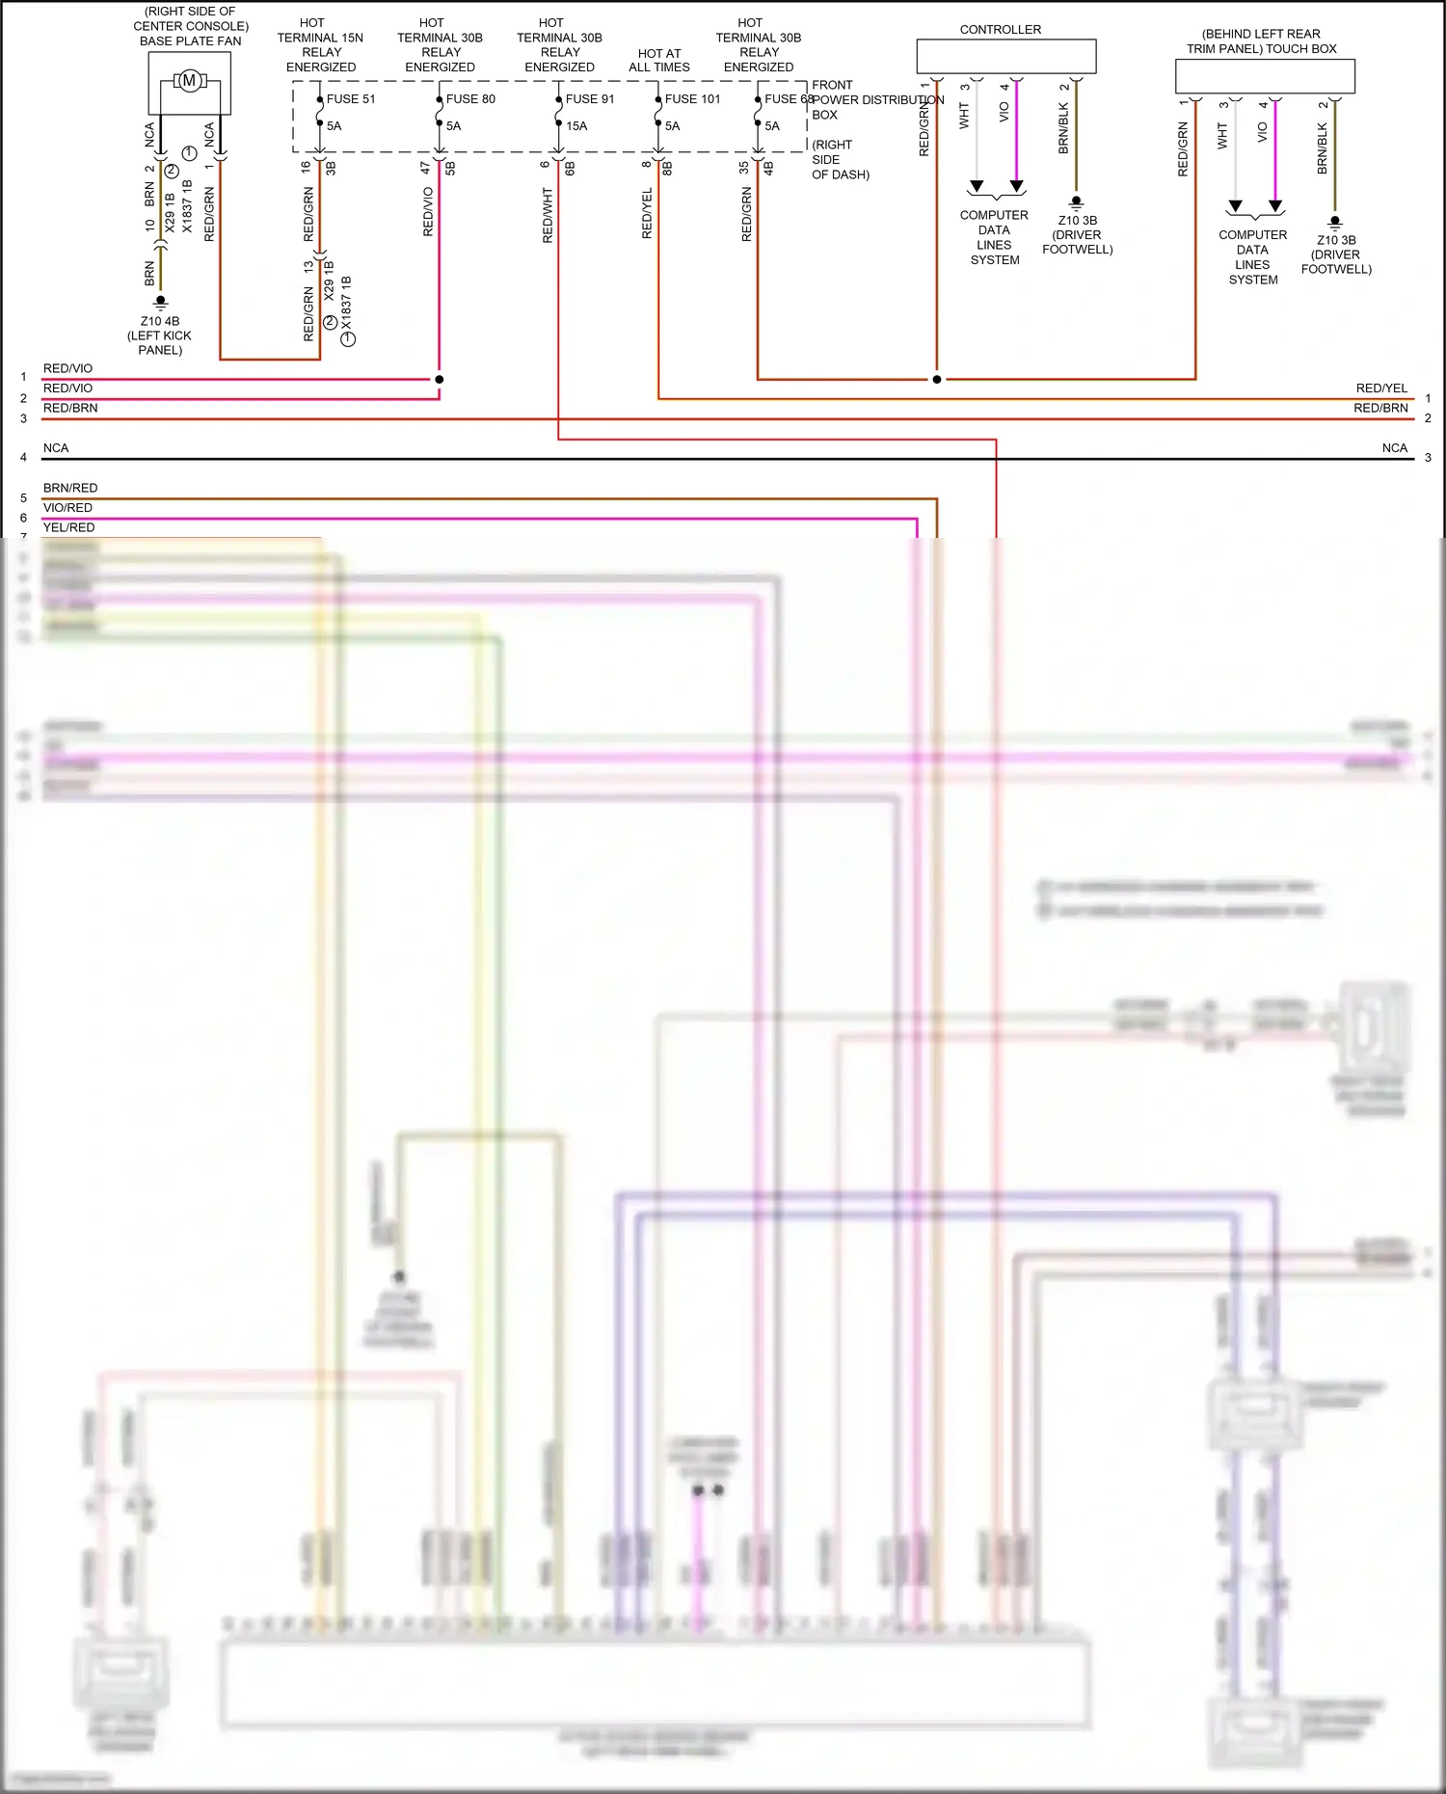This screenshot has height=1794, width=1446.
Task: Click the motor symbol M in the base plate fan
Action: (x=189, y=81)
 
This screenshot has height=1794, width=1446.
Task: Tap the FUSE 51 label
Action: (x=350, y=99)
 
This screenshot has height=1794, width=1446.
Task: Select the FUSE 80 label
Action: (x=470, y=99)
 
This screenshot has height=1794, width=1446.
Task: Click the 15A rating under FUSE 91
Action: (x=576, y=126)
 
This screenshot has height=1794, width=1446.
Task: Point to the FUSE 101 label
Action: (x=692, y=99)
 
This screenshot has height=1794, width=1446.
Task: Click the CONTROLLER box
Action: (x=1005, y=56)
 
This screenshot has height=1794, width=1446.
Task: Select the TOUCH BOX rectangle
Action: (x=1265, y=76)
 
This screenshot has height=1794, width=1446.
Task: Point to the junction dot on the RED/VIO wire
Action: (x=440, y=379)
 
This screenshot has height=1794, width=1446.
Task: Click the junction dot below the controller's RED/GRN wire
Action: (x=936, y=379)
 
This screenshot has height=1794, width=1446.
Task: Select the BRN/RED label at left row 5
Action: (x=70, y=488)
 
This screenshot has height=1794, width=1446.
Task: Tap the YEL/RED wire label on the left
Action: (x=68, y=527)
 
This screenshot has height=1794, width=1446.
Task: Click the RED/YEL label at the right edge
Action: (x=1381, y=388)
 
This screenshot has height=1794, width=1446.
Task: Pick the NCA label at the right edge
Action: (x=1394, y=447)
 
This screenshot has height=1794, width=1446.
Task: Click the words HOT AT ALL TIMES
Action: (x=659, y=61)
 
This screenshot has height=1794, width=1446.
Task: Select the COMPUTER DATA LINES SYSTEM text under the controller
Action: (x=994, y=237)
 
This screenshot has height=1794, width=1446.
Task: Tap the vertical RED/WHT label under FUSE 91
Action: (x=548, y=215)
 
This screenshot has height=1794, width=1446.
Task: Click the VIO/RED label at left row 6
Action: (x=67, y=507)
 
